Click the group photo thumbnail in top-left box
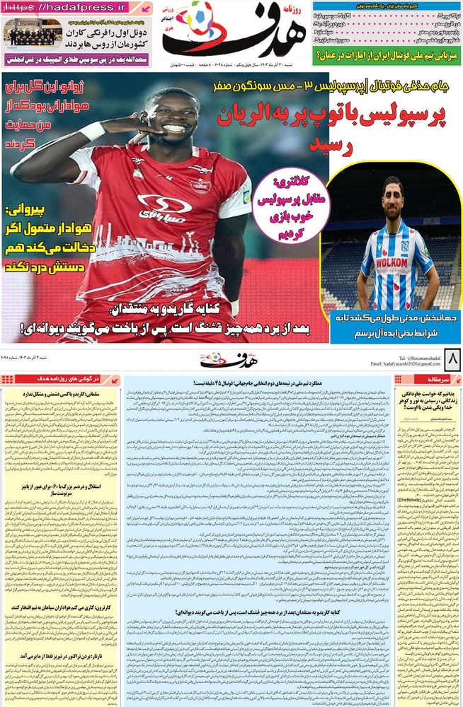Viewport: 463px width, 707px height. coord(33,33)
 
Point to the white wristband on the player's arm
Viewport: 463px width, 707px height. coord(92,132)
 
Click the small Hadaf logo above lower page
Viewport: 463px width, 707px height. coord(224,360)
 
